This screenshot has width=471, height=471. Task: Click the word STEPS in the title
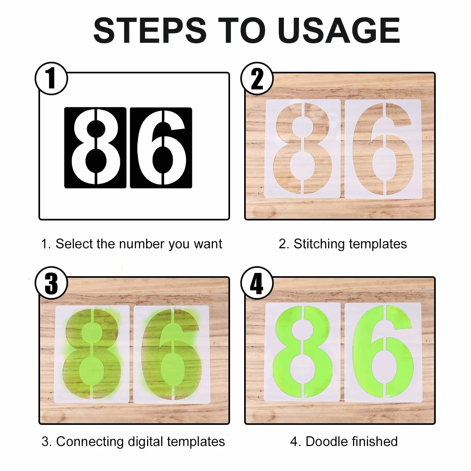[x=150, y=31]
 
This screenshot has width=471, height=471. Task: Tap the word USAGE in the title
[x=339, y=31]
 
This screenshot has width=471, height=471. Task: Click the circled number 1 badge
[x=51, y=78]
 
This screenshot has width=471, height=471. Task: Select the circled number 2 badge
[x=257, y=78]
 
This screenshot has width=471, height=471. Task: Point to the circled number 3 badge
[x=51, y=283]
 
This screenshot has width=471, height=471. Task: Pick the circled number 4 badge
[x=257, y=283]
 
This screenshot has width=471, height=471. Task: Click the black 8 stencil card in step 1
[x=95, y=148]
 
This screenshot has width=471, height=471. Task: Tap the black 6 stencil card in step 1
[x=161, y=148]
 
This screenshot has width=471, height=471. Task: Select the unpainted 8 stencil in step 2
[x=302, y=148]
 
